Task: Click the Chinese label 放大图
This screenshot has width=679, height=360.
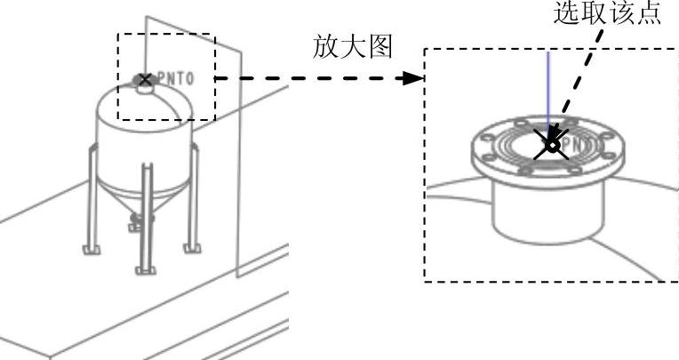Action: coord(353,48)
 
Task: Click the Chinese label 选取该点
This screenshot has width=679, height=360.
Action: coord(607,15)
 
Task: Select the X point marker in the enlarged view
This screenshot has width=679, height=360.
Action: coord(552,146)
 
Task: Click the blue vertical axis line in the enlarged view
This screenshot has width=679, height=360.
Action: coord(548,89)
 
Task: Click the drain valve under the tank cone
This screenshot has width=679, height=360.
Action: coord(134,219)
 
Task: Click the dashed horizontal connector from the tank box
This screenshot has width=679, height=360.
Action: coord(311,78)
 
